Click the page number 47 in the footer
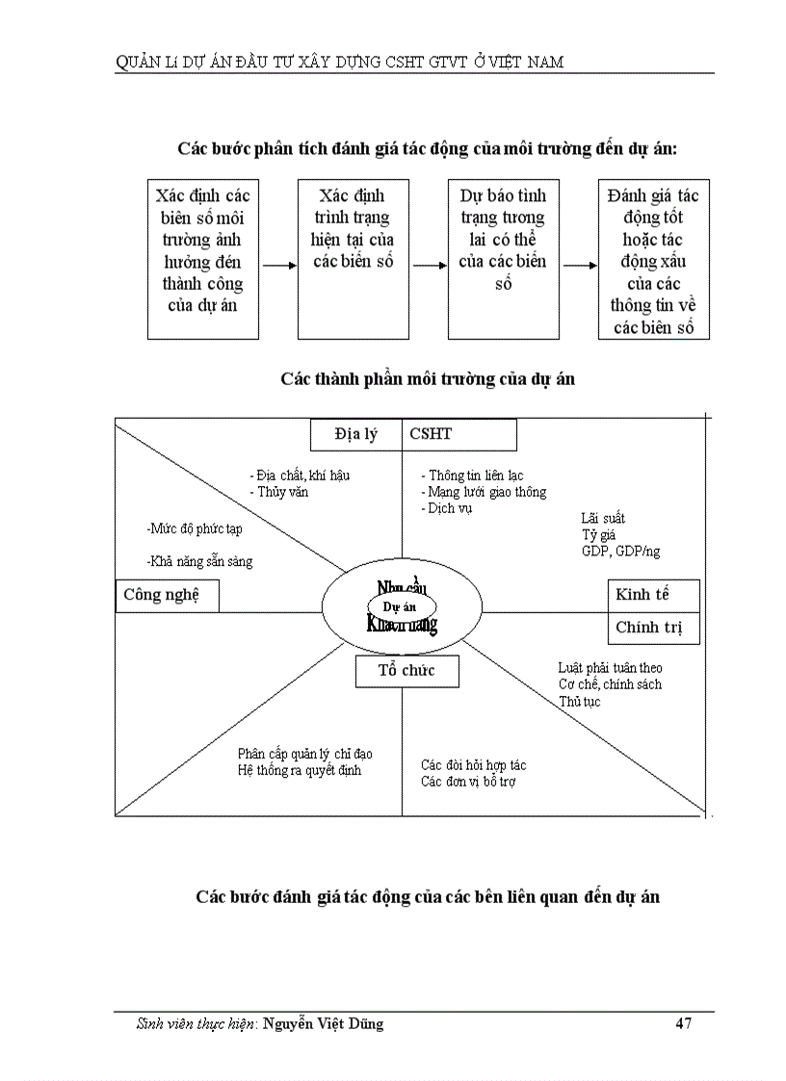pyautogui.click(x=683, y=1024)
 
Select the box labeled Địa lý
pyautogui.click(x=356, y=434)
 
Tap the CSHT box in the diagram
pyautogui.click(x=459, y=434)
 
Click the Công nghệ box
pyautogui.click(x=167, y=596)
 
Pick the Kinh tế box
pyautogui.click(x=653, y=595)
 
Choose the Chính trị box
pyautogui.click(x=653, y=628)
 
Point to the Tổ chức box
pyautogui.click(x=406, y=671)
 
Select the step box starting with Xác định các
pyautogui.click(x=202, y=258)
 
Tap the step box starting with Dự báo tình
pyautogui.click(x=503, y=258)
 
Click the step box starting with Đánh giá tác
pyautogui.click(x=654, y=258)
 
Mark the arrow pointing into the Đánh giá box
pyautogui.click(x=579, y=266)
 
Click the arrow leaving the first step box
pyautogui.click(x=278, y=266)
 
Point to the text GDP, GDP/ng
pyautogui.click(x=620, y=552)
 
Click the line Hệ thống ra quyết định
pyautogui.click(x=300, y=771)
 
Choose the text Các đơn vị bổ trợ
pyautogui.click(x=468, y=782)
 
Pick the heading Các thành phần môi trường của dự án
pyautogui.click(x=428, y=379)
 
